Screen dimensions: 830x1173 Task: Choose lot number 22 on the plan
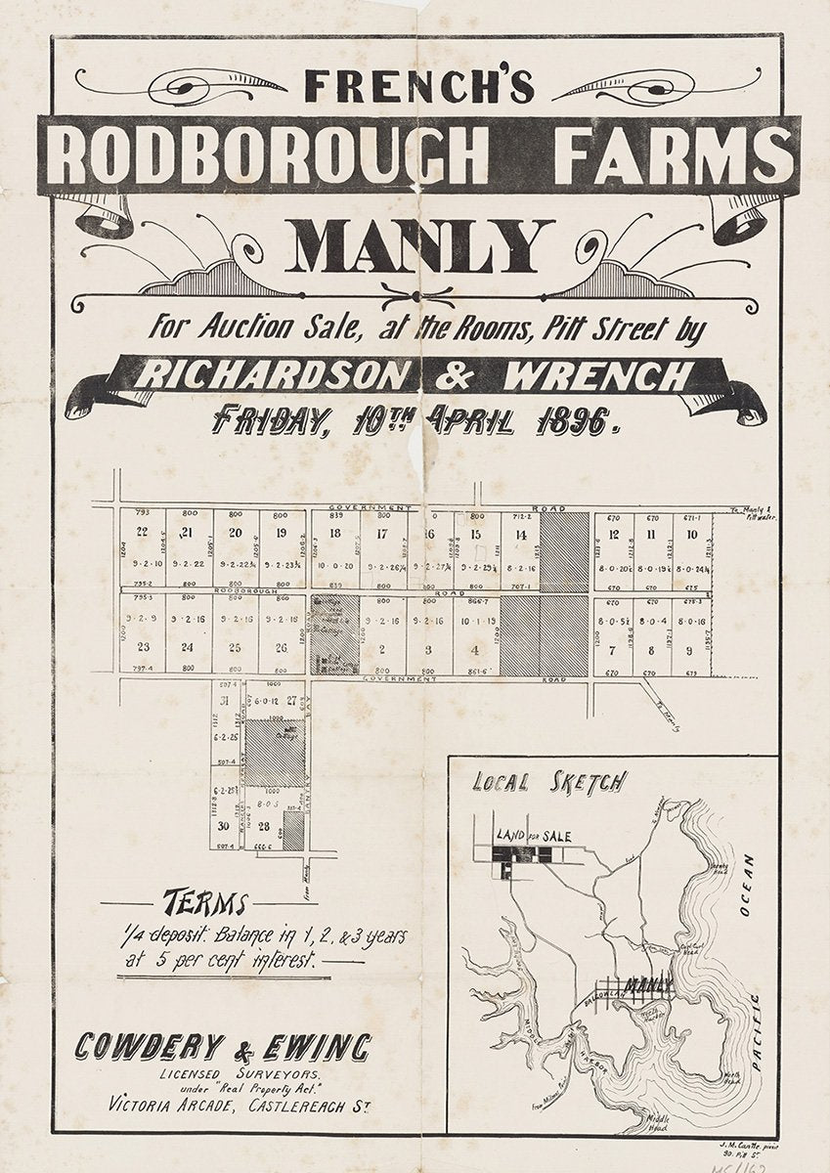tap(143, 533)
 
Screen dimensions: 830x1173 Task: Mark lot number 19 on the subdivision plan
tap(282, 533)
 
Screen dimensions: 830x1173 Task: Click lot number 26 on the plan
tap(282, 647)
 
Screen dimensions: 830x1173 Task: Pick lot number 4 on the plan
tap(474, 649)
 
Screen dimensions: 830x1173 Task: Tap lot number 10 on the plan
tap(691, 534)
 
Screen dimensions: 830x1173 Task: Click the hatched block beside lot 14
tap(565, 550)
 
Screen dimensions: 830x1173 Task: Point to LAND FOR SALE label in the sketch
tap(533, 835)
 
